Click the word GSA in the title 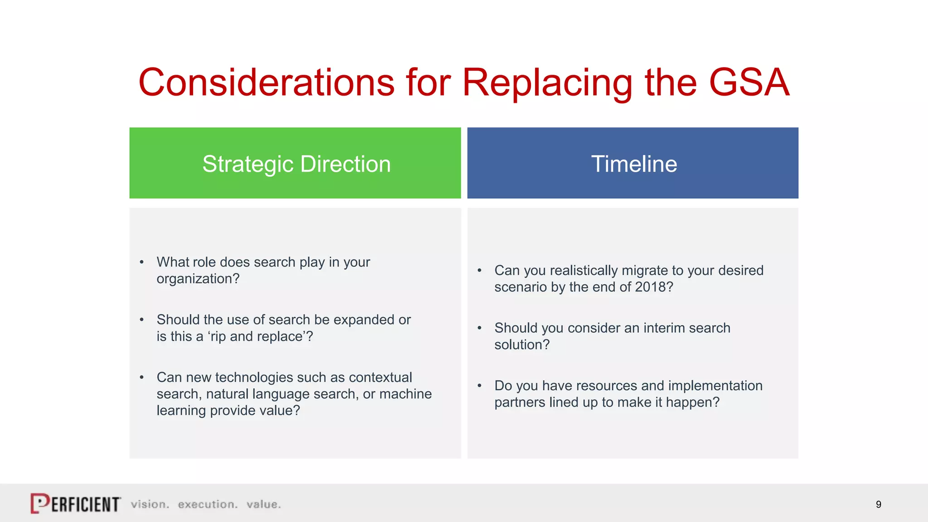(x=749, y=82)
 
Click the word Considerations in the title (x=266, y=82)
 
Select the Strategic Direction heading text (x=296, y=164)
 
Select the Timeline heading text (x=634, y=164)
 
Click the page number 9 (x=878, y=504)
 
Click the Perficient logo (x=76, y=503)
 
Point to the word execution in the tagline (x=207, y=504)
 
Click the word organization (x=194, y=279)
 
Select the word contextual (x=380, y=377)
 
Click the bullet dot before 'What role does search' (x=142, y=262)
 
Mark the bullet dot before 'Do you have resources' (x=479, y=386)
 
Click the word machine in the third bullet (x=405, y=394)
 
